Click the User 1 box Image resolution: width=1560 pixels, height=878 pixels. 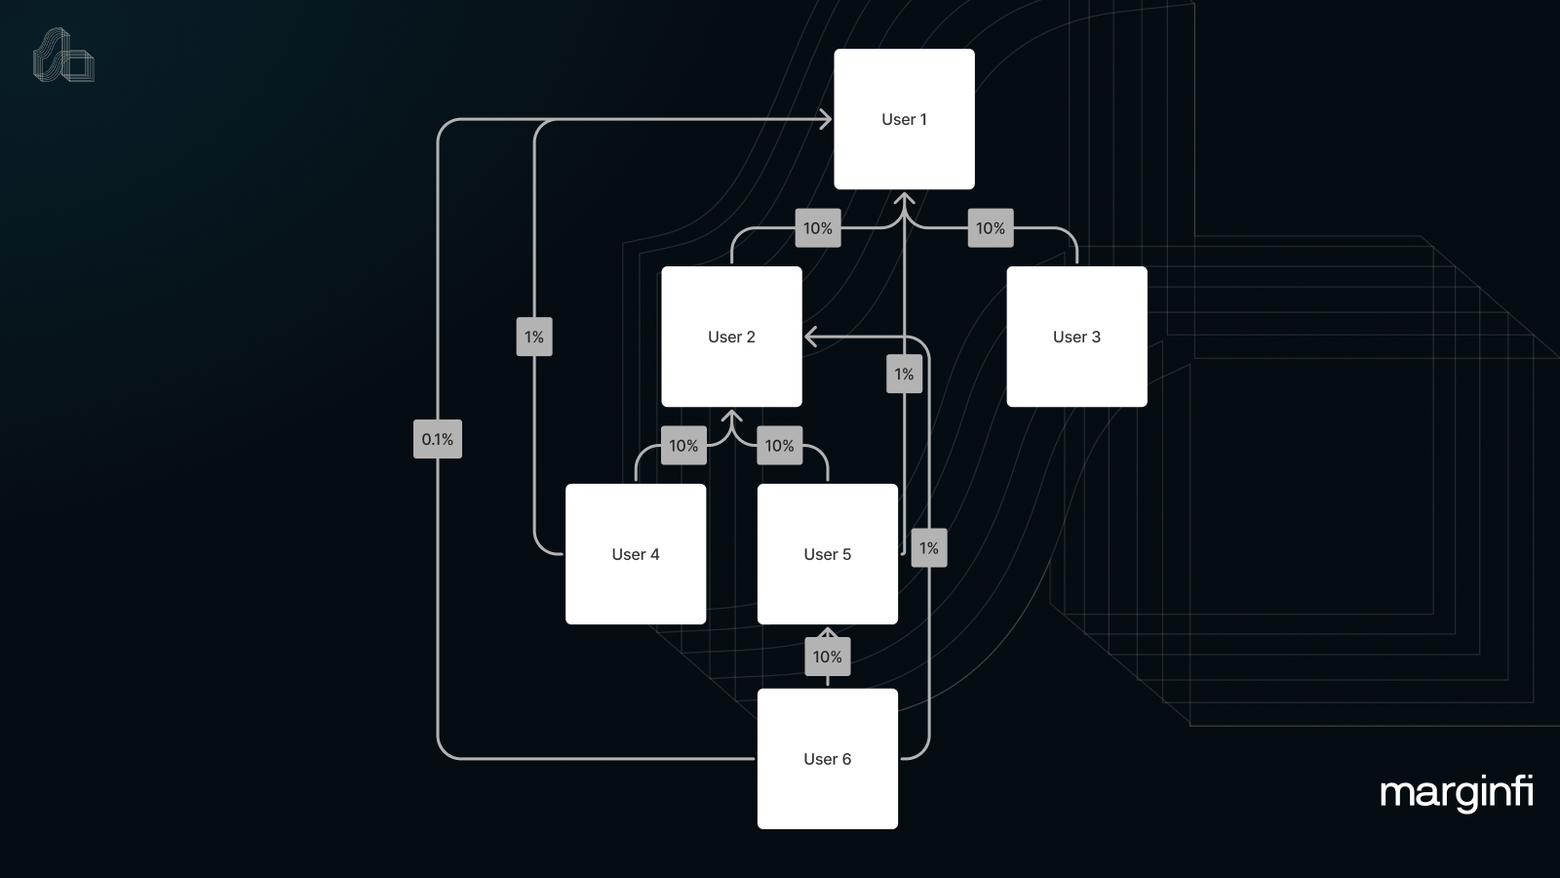tap(904, 119)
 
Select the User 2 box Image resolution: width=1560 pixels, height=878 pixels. tap(731, 337)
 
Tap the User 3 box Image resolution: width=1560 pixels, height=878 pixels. tap(1076, 337)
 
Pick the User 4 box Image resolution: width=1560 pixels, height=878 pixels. tap(636, 554)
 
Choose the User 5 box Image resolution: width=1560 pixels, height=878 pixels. tap(827, 554)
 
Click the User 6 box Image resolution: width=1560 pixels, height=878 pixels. tap(827, 759)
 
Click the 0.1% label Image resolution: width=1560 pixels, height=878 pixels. tap(437, 439)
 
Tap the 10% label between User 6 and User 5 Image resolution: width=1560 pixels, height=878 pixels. tap(827, 657)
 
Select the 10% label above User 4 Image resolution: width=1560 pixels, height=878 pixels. tap(682, 446)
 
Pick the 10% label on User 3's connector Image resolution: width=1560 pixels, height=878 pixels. tap(990, 228)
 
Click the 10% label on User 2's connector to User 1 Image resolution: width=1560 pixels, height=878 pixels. tap(817, 228)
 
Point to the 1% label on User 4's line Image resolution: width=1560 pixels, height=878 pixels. tap(533, 337)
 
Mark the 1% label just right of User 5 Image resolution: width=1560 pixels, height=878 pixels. tap(928, 548)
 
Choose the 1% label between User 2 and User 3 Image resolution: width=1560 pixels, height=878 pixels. tap(904, 374)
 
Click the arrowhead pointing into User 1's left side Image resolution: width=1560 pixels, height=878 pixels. tap(825, 119)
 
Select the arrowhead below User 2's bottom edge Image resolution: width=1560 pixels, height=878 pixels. tap(731, 418)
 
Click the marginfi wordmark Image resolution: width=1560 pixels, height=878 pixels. tap(1456, 792)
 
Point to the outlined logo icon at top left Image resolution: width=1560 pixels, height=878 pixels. tap(63, 56)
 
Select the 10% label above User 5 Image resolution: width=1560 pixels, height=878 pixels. tap(778, 446)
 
